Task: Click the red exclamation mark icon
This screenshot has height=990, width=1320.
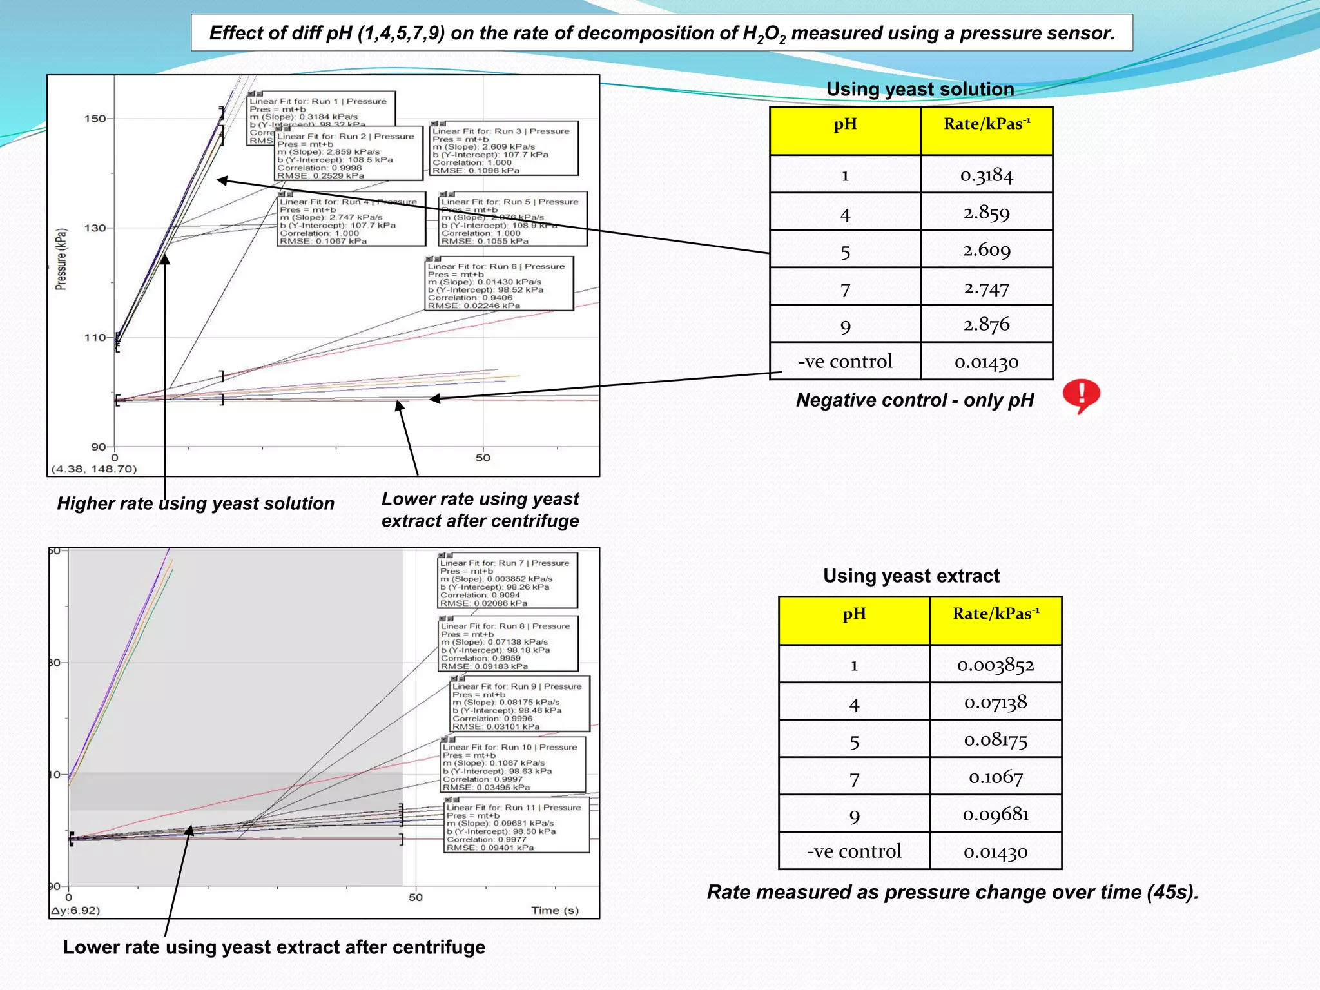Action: [x=1081, y=396]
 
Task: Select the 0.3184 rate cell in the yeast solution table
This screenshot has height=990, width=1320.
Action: [x=986, y=175]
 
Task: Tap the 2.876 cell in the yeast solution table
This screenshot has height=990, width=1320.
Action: [x=986, y=324]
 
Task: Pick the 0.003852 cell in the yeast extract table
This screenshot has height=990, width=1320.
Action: [x=995, y=665]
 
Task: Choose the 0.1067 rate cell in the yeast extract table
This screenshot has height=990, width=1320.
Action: [x=995, y=777]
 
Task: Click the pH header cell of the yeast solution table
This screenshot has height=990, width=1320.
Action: [x=845, y=125]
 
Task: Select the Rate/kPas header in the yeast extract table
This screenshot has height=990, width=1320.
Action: [x=995, y=614]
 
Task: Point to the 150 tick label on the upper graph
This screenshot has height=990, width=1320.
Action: [x=95, y=119]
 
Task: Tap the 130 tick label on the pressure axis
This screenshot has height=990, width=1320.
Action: [x=95, y=228]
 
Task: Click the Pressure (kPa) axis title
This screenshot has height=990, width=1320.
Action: [x=61, y=259]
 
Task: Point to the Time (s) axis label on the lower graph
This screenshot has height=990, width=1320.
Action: [x=555, y=910]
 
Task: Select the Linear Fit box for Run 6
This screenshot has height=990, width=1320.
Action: [x=500, y=284]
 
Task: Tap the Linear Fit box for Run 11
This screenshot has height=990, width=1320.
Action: [x=517, y=827]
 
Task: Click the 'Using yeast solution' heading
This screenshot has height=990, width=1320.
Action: [x=920, y=90]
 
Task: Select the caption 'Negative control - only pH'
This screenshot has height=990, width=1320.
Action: [x=914, y=400]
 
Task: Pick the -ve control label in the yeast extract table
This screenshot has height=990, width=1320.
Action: [x=854, y=851]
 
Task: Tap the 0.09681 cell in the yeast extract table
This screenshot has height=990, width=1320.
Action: [x=995, y=815]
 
